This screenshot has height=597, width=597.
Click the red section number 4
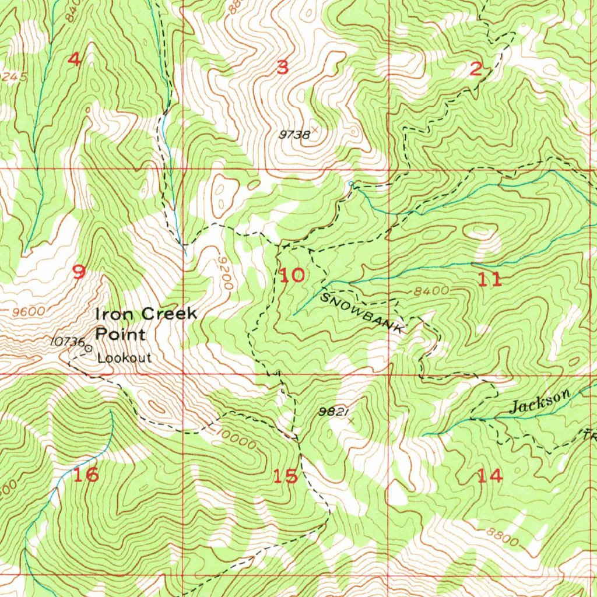click(74, 59)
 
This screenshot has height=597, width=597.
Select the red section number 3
click(282, 68)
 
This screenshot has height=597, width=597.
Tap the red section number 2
click(476, 70)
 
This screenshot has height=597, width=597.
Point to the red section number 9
click(79, 272)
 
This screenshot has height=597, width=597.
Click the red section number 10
click(292, 275)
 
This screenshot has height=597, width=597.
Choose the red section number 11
click(489, 280)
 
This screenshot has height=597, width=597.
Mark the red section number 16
click(86, 475)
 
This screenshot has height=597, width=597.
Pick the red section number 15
click(286, 476)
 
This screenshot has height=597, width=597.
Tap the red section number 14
click(489, 476)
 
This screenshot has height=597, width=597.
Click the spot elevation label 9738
click(294, 135)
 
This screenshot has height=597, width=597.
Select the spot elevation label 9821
click(333, 412)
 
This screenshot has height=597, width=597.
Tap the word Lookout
click(124, 358)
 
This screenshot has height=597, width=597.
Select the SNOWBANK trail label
click(362, 313)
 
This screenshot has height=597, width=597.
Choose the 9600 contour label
click(27, 311)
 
